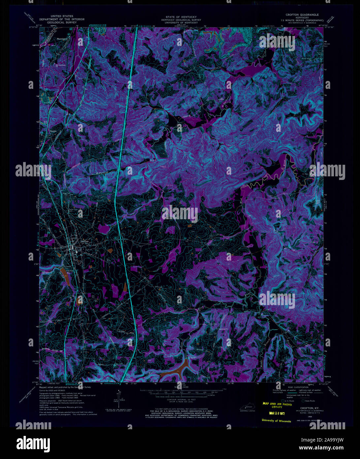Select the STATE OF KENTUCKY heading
[x=181, y=17]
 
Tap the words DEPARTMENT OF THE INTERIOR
[x=62, y=19]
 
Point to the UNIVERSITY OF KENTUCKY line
[x=181, y=22]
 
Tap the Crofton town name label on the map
[x=84, y=242]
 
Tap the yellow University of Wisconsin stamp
[x=277, y=421]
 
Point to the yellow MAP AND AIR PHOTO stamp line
[x=277, y=404]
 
